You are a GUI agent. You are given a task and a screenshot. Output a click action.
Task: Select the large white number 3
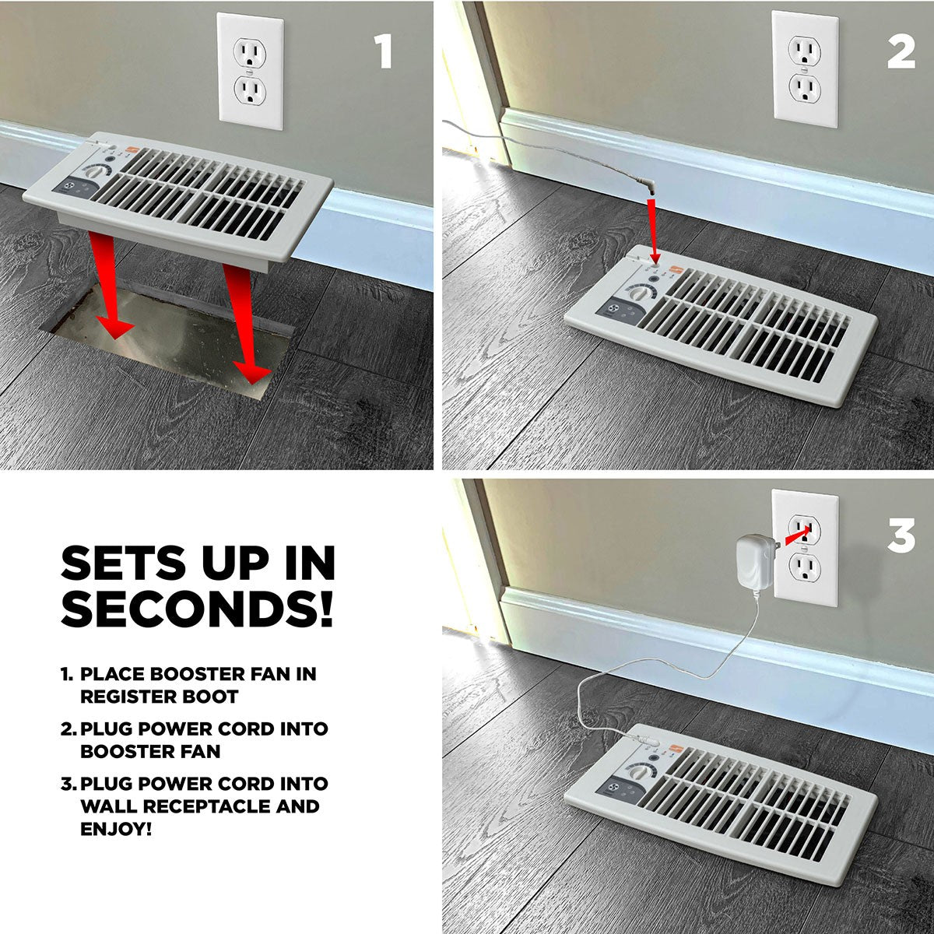(901, 535)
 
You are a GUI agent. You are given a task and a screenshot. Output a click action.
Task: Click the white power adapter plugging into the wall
(756, 562)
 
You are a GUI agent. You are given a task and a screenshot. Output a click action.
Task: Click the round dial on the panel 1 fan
(100, 171)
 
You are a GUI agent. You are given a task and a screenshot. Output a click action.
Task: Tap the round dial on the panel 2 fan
(639, 293)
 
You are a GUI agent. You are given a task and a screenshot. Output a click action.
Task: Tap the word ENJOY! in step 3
(116, 829)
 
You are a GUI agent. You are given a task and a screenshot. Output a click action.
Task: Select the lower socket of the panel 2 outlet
(805, 90)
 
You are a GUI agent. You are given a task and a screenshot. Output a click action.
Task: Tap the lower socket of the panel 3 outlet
(805, 567)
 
